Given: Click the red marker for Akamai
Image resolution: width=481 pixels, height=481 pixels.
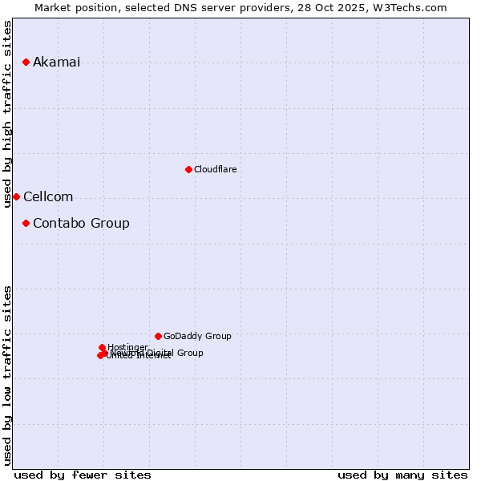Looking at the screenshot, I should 26,62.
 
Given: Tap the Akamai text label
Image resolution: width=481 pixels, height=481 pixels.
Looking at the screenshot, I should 56,63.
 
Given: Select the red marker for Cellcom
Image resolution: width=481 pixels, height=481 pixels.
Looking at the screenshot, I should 16,196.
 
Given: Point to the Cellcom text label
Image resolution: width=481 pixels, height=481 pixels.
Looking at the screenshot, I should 48,197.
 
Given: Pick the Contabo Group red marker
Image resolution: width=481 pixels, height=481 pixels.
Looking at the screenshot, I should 26,223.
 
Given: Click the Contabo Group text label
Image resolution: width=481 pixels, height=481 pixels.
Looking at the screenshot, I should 81,224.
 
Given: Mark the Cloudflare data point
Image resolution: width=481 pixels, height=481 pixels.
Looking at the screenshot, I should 188,169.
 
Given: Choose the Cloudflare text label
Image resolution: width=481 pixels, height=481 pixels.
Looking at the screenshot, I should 215,170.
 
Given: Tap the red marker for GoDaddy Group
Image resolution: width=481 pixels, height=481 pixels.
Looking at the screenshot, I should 158,336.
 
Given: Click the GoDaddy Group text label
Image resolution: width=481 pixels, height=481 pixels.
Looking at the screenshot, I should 197,337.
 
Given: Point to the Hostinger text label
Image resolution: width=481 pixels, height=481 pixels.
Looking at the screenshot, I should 127,347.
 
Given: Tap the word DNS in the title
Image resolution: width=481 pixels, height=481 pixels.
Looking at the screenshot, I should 173,7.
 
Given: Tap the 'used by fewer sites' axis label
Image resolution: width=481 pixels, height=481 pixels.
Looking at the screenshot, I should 83,475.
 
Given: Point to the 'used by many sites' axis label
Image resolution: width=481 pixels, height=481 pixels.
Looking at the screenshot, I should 402,475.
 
